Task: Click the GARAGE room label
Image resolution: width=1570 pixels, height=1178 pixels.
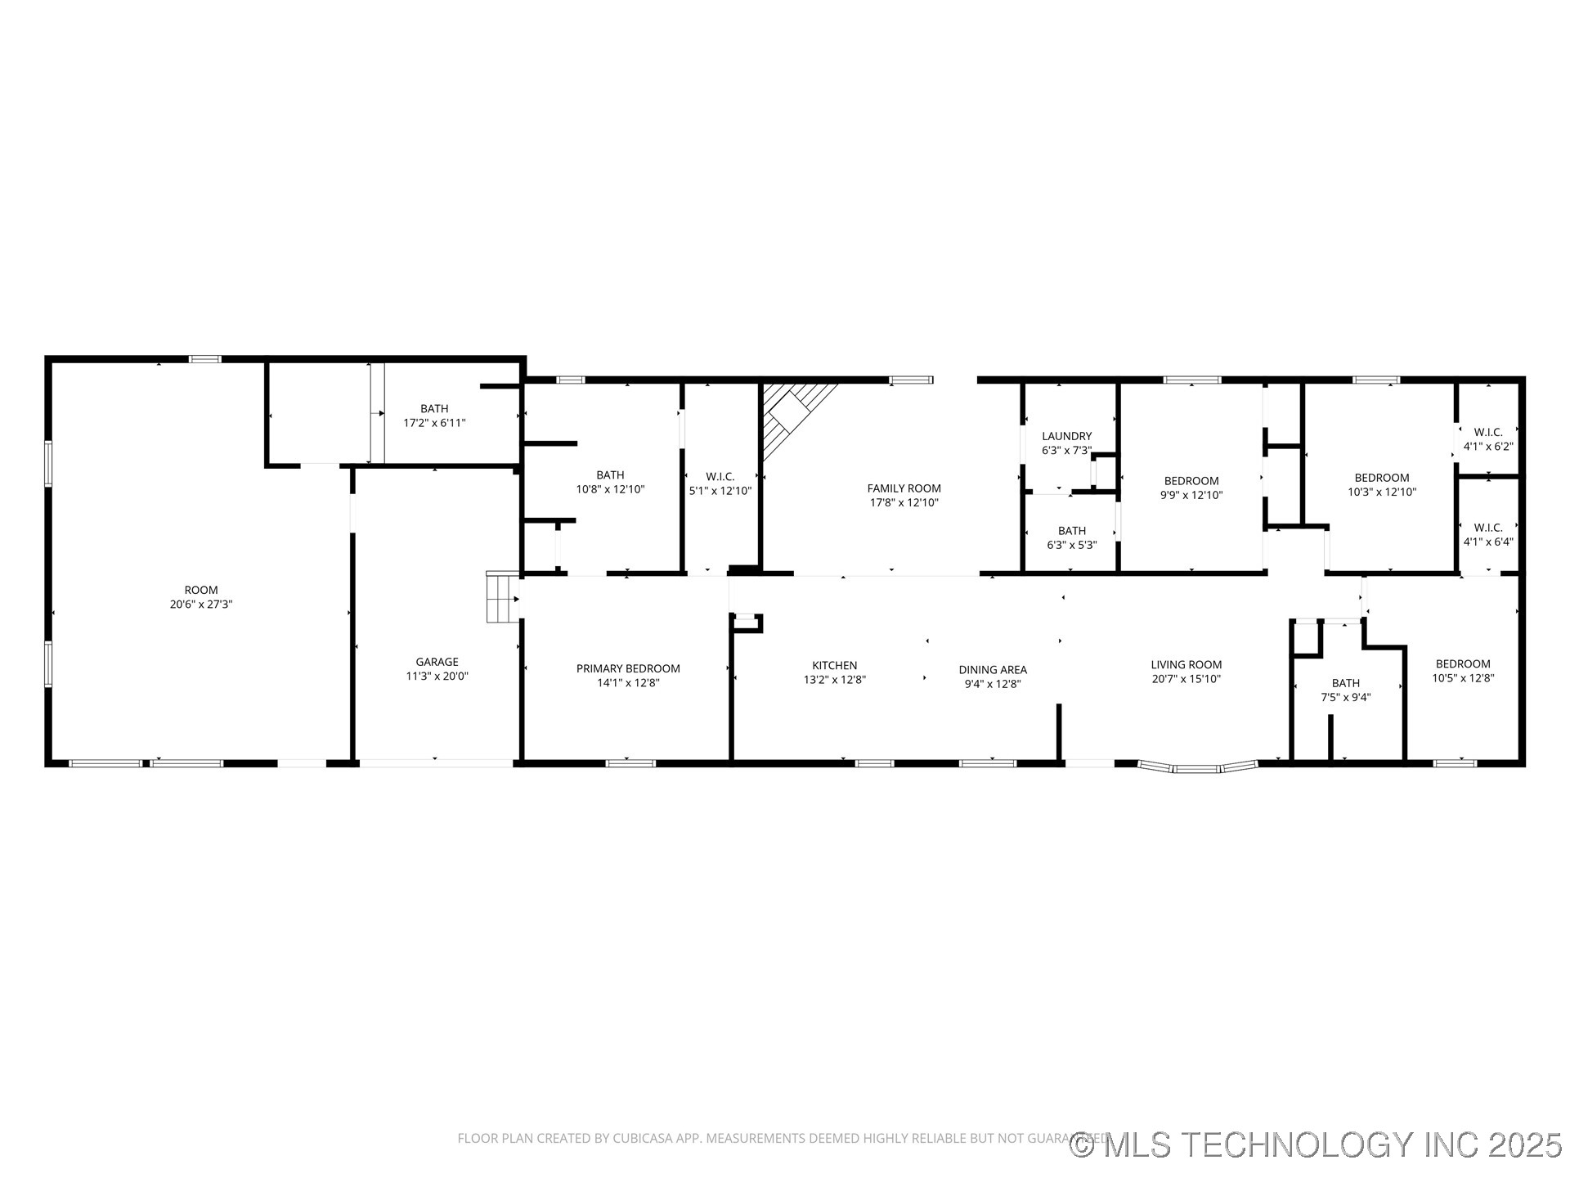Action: point(437,662)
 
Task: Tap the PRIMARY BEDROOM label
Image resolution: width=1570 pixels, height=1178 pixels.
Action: point(628,668)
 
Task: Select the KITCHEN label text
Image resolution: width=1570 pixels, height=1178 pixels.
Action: point(834,665)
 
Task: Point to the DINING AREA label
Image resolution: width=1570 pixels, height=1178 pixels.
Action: point(993,670)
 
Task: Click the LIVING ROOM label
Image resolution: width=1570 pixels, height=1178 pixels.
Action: point(1186,664)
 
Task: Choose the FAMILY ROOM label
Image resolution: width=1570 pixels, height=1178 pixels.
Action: point(904,488)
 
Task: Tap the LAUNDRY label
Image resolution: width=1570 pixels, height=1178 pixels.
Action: point(1066,436)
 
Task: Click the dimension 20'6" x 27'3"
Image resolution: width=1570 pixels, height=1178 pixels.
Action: point(201,605)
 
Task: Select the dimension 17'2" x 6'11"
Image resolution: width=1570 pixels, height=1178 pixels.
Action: point(434,423)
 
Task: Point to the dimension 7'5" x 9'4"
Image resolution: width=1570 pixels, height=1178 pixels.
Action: point(1345,698)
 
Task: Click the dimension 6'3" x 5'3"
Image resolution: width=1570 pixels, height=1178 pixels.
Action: point(1071,545)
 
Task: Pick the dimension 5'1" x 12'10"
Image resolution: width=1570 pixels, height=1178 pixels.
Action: point(720,491)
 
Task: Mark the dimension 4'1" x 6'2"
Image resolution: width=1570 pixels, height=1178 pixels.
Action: point(1488,447)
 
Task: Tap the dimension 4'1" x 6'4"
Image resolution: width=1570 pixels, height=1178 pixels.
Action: point(1488,542)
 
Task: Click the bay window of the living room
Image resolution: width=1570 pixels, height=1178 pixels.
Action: point(1197,767)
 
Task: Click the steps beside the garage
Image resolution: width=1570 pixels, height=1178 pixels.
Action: point(501,597)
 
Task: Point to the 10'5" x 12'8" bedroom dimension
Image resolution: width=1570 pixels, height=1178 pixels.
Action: point(1463,678)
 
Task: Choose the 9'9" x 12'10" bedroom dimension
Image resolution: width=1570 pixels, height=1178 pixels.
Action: point(1191,495)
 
